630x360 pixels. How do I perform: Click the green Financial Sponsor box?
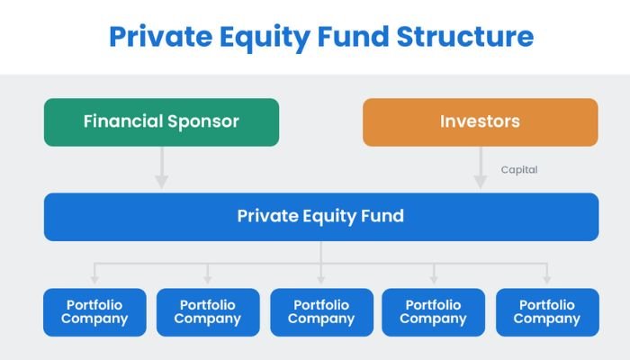click(161, 121)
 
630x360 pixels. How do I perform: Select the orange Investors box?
click(480, 121)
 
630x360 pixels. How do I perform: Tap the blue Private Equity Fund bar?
click(320, 216)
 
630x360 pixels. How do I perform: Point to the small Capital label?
click(519, 169)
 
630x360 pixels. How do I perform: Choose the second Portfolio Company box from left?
click(208, 311)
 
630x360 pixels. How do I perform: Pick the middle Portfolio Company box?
click(321, 311)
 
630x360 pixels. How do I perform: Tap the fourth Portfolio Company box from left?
click(434, 311)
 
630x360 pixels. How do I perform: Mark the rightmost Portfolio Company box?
click(546, 311)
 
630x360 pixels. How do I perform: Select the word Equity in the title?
click(257, 37)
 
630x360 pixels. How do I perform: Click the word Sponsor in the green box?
click(204, 121)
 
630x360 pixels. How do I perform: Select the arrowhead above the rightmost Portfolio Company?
click(546, 279)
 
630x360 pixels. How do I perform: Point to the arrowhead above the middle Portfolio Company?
click(321, 279)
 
